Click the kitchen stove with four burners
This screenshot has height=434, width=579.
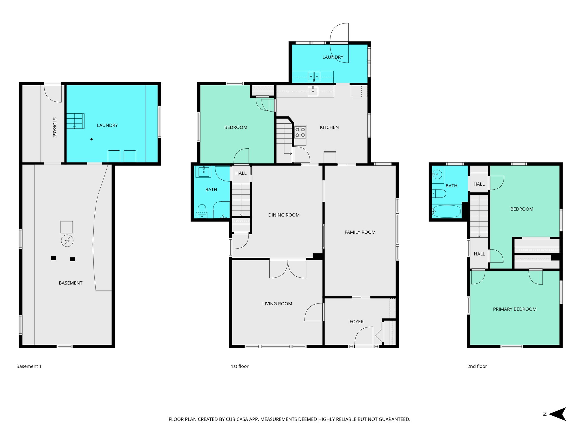tap(300, 132)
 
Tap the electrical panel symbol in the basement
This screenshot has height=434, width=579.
tap(67, 241)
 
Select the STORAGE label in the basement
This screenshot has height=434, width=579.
tap(55, 127)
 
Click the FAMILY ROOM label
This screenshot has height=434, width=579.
tap(360, 232)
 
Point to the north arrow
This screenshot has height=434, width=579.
tap(557, 414)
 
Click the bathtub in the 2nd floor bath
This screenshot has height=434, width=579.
tap(447, 211)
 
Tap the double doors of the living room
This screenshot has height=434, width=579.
tap(288, 268)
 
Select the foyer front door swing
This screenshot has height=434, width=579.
tap(364, 336)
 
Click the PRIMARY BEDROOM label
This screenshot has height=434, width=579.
tap(515, 309)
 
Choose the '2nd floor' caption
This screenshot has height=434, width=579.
tap(477, 366)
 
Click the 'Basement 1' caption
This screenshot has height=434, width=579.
tap(29, 366)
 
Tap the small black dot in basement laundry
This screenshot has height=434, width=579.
tap(91, 139)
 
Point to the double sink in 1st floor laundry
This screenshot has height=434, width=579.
tap(314, 76)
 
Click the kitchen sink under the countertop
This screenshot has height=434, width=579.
tap(313, 91)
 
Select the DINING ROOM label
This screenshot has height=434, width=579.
tap(284, 215)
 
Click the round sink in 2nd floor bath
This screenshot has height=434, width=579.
tap(437, 175)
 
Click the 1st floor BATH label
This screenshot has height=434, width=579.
tap(211, 190)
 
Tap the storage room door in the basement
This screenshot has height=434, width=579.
tap(53, 93)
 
